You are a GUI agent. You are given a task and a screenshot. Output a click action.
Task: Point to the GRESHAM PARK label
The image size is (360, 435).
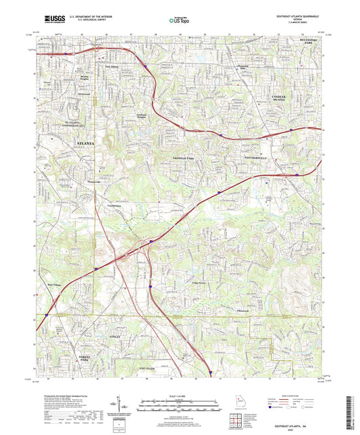180,156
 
